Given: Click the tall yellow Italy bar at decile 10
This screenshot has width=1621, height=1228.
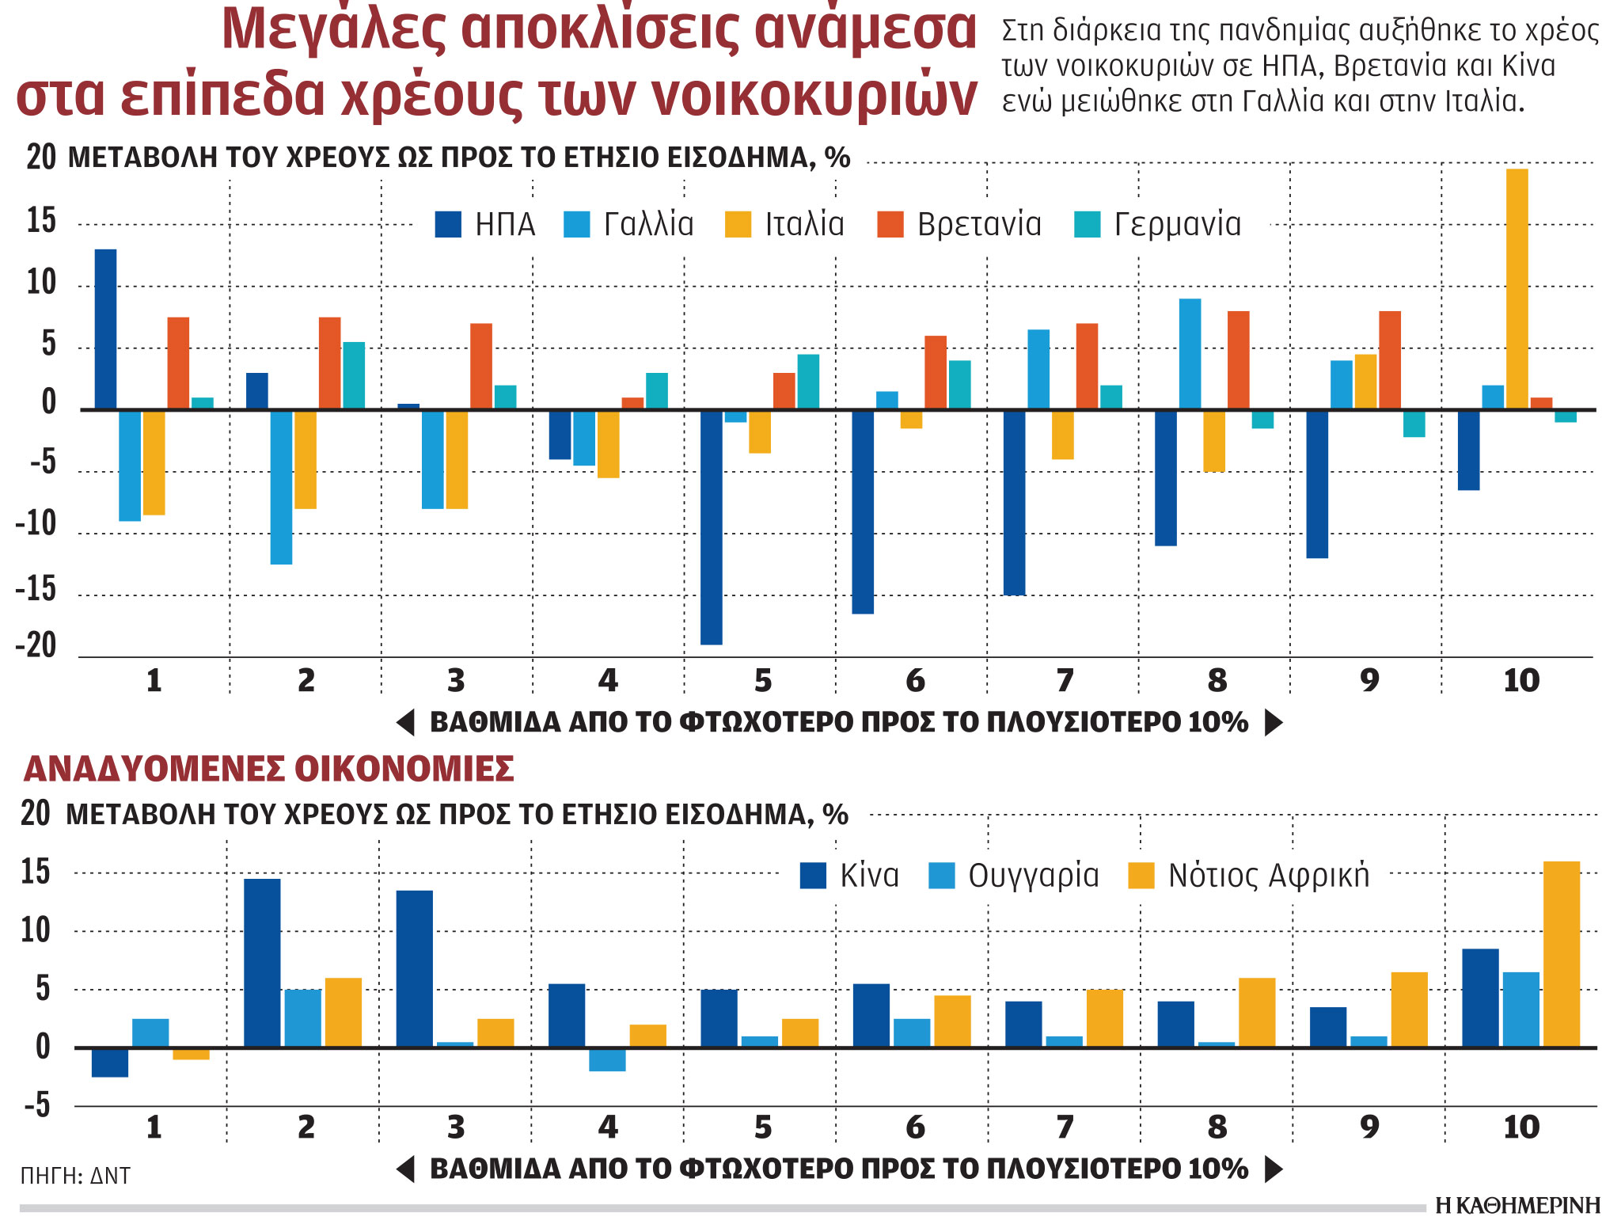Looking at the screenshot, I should pyautogui.click(x=1517, y=289).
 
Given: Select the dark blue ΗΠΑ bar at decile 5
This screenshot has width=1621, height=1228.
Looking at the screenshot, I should pyautogui.click(x=711, y=527).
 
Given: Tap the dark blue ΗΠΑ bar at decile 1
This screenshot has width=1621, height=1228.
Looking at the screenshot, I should pyautogui.click(x=105, y=329).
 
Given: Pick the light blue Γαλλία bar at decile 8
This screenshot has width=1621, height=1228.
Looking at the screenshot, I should pyautogui.click(x=1189, y=354).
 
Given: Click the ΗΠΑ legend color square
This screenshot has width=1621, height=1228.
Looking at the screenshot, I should pyautogui.click(x=448, y=225).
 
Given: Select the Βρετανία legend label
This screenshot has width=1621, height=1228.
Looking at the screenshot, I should pyautogui.click(x=979, y=225).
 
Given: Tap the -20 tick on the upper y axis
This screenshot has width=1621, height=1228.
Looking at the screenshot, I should pyautogui.click(x=36, y=645).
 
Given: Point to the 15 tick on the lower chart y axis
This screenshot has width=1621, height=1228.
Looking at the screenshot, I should pyautogui.click(x=36, y=873).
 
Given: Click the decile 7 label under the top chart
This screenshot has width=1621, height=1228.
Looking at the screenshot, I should pyautogui.click(x=1065, y=681).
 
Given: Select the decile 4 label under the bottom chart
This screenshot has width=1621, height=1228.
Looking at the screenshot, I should pyautogui.click(x=607, y=1127).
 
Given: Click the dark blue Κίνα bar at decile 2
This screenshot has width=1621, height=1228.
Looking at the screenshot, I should pyautogui.click(x=262, y=963).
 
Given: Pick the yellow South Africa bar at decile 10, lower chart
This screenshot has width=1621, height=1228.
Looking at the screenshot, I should pyautogui.click(x=1561, y=954).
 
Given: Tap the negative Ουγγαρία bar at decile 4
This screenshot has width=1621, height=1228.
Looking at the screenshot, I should pyautogui.click(x=607, y=1060).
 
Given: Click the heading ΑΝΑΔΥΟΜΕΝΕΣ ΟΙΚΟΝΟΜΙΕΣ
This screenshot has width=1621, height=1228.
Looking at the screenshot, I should pyautogui.click(x=269, y=769).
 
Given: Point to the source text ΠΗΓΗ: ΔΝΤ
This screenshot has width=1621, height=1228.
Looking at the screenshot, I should pyautogui.click(x=75, y=1176).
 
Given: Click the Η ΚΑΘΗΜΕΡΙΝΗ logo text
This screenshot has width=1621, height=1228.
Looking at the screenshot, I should pyautogui.click(x=1517, y=1206).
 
